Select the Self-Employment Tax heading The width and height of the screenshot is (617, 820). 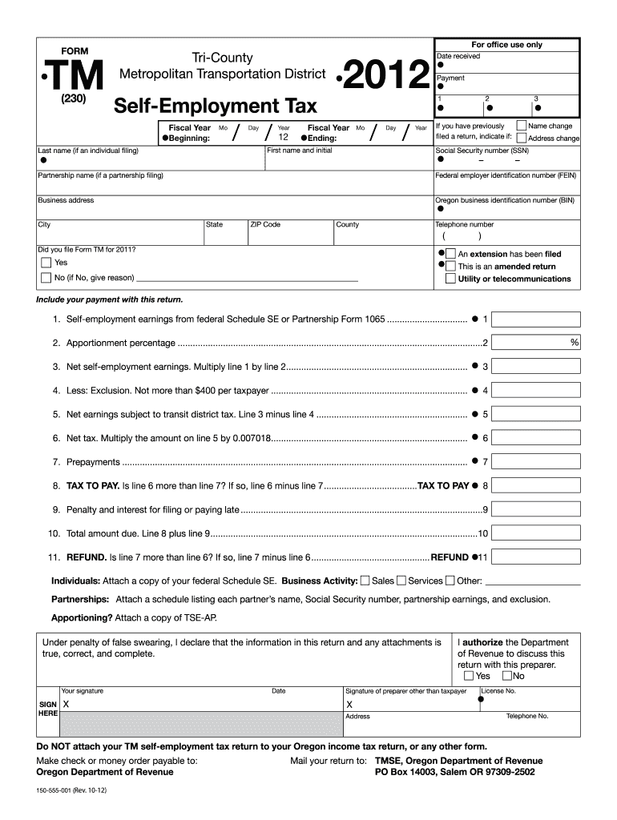coord(214,106)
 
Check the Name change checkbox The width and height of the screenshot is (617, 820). coord(522,126)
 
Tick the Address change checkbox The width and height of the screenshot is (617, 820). coord(522,138)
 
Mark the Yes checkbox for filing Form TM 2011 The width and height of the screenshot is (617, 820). coord(46,263)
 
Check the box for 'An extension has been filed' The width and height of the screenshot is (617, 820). coord(451,254)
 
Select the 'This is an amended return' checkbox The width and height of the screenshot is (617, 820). coord(451,266)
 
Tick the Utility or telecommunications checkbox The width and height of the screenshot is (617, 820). coord(451,279)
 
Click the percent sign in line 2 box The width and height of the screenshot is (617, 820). coord(574,343)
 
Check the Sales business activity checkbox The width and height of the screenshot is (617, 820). coord(365,581)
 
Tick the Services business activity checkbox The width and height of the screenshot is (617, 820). coord(401,581)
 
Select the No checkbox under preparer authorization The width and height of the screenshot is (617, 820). coord(507,676)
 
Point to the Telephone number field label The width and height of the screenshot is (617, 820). coord(465,225)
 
